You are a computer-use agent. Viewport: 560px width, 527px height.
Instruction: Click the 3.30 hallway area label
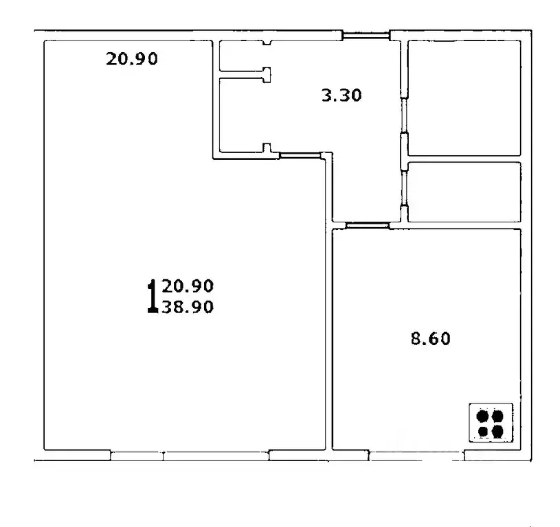[341, 95]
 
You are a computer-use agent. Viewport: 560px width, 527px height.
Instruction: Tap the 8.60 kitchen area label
[431, 338]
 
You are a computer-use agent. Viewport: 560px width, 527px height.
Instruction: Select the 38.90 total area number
[188, 308]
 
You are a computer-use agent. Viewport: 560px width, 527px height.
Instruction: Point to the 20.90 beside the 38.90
[188, 285]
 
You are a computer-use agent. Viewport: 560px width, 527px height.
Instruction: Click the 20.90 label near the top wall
[132, 59]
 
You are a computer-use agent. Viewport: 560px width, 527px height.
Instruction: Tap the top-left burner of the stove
[482, 416]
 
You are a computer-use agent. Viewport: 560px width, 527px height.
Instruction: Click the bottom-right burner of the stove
[497, 431]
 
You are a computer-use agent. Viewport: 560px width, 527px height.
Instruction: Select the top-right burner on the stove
[497, 416]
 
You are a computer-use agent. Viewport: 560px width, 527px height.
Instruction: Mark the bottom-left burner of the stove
[482, 431]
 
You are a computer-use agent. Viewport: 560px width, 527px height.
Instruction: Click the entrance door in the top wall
[366, 36]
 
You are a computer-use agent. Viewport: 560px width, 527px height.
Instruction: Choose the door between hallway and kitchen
[367, 224]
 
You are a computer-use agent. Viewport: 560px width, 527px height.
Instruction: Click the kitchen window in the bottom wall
[416, 455]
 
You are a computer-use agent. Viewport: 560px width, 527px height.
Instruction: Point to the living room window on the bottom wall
[189, 455]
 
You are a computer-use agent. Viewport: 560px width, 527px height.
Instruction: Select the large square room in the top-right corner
[464, 97]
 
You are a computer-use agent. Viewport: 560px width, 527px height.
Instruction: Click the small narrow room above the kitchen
[464, 191]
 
